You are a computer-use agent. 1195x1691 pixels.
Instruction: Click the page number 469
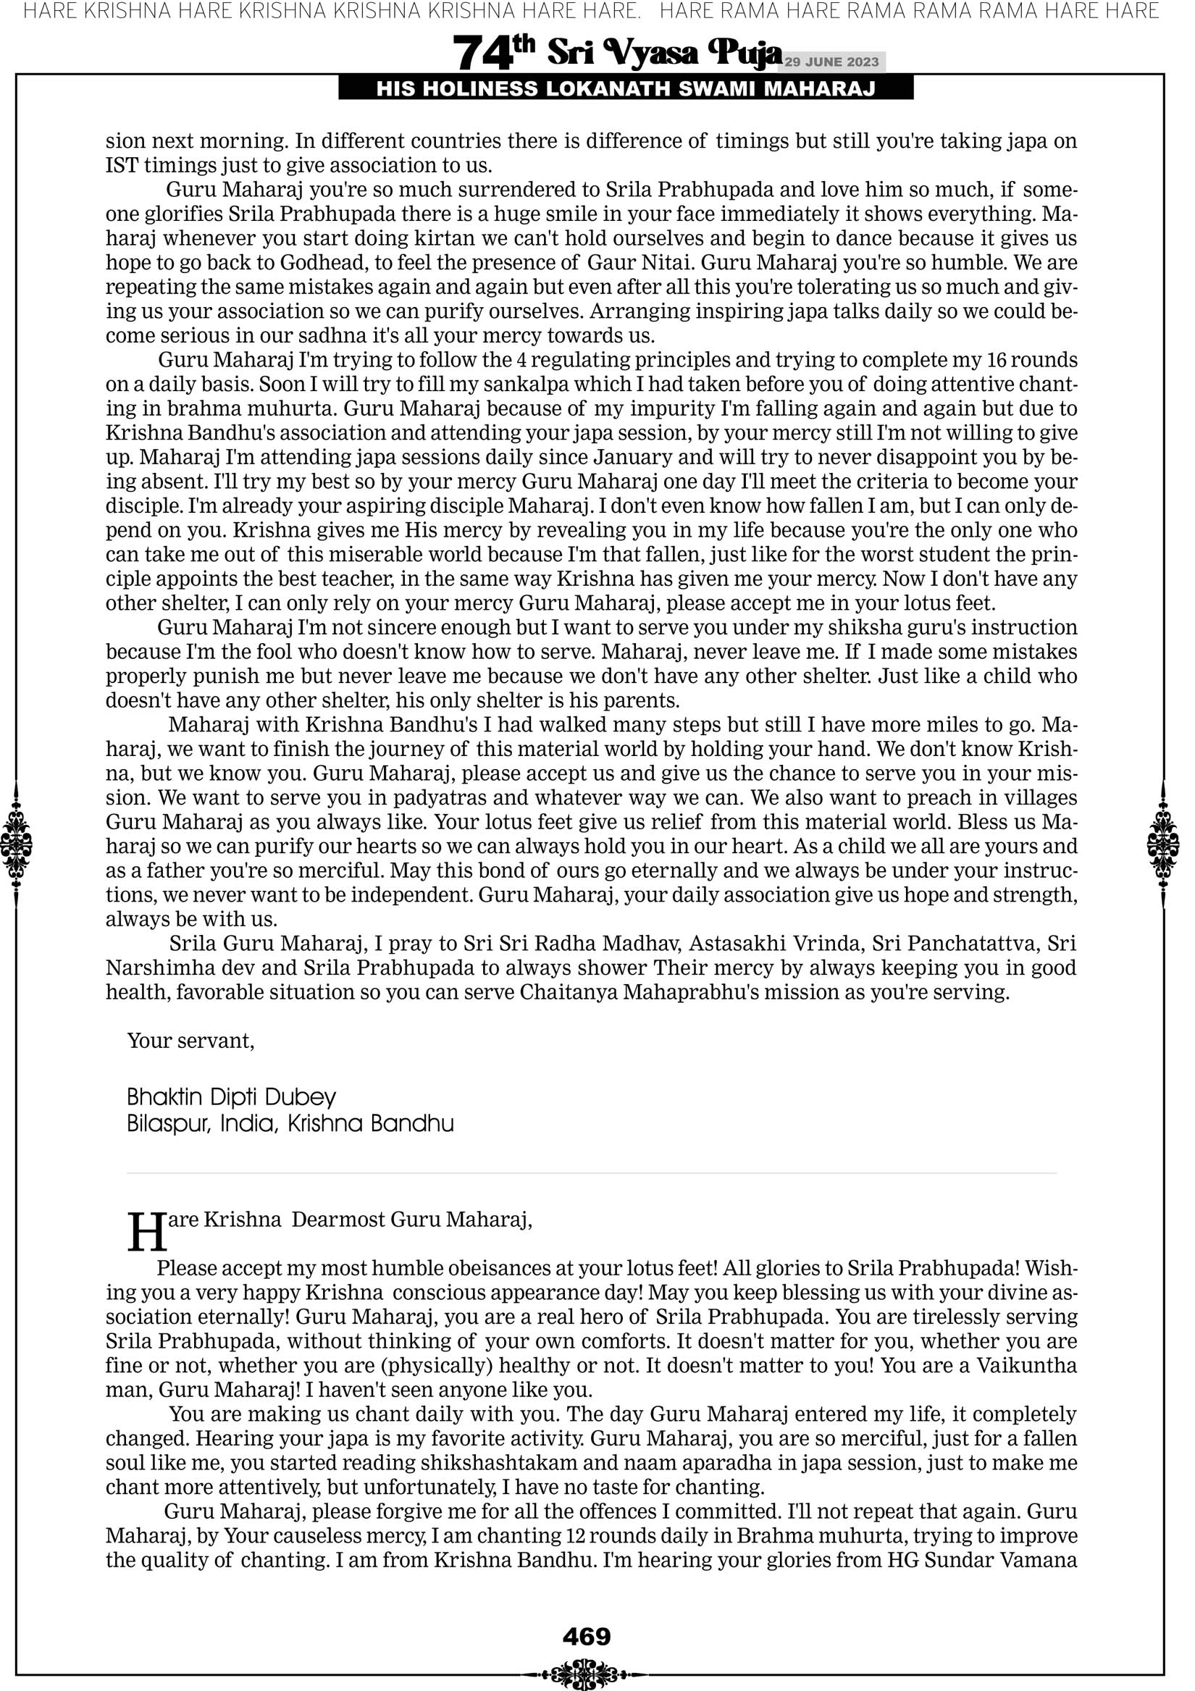tap(587, 1637)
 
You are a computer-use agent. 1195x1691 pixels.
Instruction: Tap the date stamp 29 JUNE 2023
tap(831, 62)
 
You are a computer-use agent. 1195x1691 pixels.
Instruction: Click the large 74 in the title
tap(482, 54)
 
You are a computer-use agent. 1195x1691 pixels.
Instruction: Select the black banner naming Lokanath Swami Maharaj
tap(626, 89)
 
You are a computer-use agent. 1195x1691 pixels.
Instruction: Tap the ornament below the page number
tap(587, 1670)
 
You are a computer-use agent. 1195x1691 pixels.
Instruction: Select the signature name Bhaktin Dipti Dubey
tap(231, 1097)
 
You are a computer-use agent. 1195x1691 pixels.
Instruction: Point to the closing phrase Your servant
tap(190, 1041)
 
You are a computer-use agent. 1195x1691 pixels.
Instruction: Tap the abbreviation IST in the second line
tap(122, 165)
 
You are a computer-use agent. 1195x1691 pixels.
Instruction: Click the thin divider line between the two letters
tap(592, 1173)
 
